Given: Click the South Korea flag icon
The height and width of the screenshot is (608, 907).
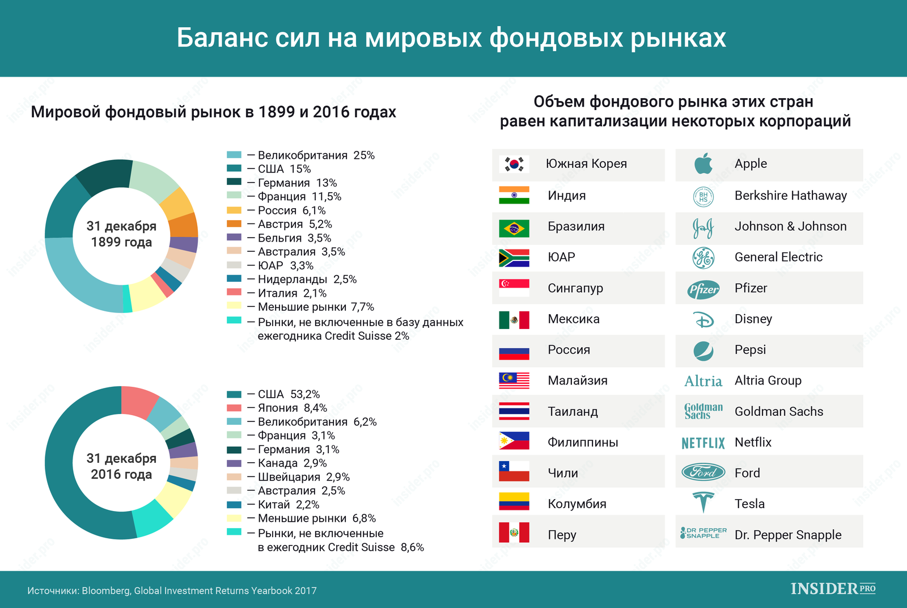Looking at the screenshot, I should coord(514,164).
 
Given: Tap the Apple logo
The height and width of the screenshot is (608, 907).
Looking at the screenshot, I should coord(703,164).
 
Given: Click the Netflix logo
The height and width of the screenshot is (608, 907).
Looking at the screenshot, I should coord(703,443).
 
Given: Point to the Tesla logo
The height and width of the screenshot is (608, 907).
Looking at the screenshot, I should coord(703,503).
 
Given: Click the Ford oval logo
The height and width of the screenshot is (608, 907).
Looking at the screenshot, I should coord(703,472).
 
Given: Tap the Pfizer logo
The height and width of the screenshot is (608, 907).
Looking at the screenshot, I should coord(703,290).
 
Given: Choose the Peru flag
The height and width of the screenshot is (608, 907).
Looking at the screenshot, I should coord(514,533).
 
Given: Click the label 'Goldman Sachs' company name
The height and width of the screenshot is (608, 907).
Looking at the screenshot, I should coord(778,412).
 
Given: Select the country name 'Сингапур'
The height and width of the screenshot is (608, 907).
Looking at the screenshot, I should coord(575,288).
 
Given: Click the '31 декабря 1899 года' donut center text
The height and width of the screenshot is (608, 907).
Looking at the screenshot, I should coord(121,234).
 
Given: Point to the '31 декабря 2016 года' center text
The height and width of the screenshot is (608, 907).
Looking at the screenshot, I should coord(121,466).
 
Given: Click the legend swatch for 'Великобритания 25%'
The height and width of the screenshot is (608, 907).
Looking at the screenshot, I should coord(234,155).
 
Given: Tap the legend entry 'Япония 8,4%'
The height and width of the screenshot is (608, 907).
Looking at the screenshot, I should coord(292,408).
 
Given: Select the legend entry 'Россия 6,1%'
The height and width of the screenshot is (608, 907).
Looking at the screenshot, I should coord(291,210).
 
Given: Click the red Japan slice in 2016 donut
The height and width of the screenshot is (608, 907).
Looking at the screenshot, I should coord(138,401).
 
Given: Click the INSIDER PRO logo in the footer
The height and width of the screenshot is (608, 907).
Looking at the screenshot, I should coord(833,589).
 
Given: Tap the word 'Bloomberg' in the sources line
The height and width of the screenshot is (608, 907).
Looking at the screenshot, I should coord(106,591).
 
